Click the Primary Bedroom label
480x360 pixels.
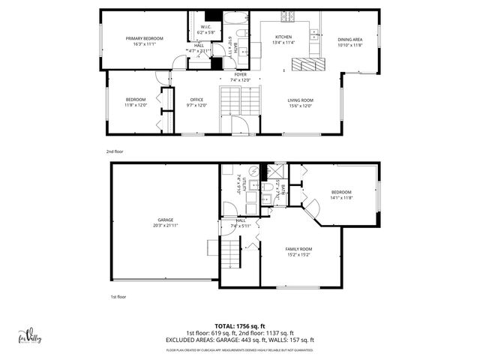[145, 38]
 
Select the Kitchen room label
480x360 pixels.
[283, 37]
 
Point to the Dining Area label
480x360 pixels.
[349, 40]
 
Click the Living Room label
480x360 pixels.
[301, 100]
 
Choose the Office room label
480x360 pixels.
[196, 100]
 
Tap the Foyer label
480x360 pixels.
[240, 75]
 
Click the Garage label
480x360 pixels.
[166, 220]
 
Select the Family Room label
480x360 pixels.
[298, 248]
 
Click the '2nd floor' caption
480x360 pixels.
[115, 151]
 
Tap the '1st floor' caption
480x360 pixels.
[118, 296]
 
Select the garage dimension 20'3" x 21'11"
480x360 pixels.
[166, 225]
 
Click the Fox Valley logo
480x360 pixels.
[30, 337]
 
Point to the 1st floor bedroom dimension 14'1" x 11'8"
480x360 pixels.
[341, 198]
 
